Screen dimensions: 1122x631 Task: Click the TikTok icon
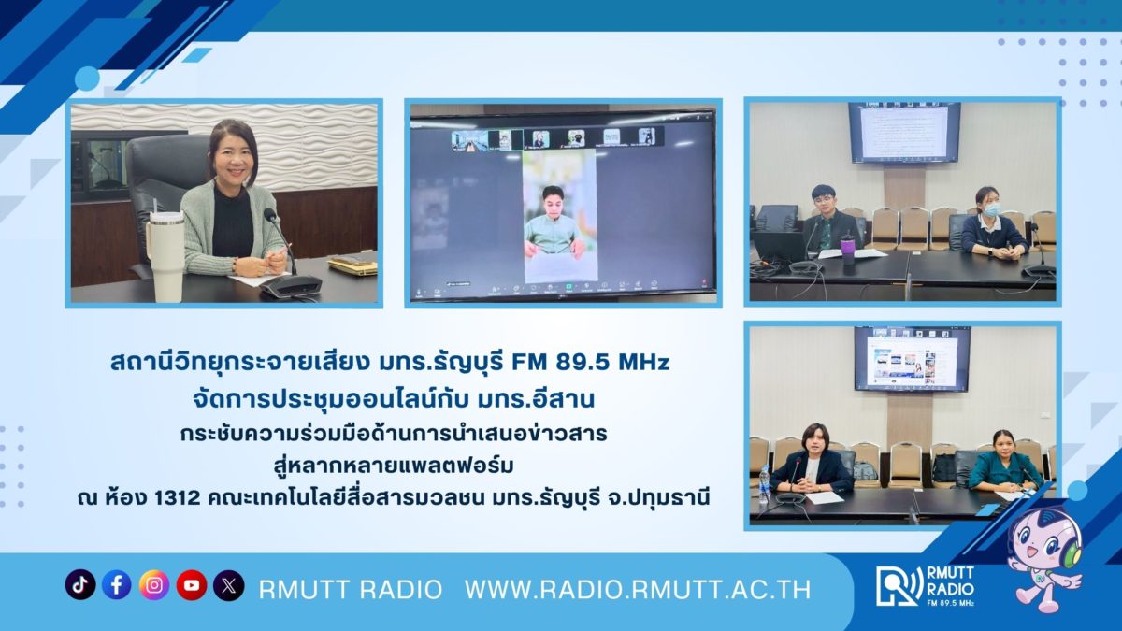coord(80,584)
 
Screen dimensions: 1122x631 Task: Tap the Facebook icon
coord(117,584)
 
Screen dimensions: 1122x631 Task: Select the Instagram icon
coord(153,584)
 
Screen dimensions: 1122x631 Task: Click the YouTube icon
coord(192,584)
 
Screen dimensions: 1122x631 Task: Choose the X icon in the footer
coord(228,584)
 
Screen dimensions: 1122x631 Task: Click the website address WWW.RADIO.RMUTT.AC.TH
coord(638,590)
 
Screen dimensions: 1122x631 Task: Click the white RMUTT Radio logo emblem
coord(899,585)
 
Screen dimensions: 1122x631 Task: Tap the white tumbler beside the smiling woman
coord(165,255)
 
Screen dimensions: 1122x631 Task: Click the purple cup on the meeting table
coord(847,247)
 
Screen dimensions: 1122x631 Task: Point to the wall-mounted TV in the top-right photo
coord(903,133)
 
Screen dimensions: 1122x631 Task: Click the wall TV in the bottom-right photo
coord(912,359)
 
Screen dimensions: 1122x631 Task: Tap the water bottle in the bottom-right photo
coord(764,484)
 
